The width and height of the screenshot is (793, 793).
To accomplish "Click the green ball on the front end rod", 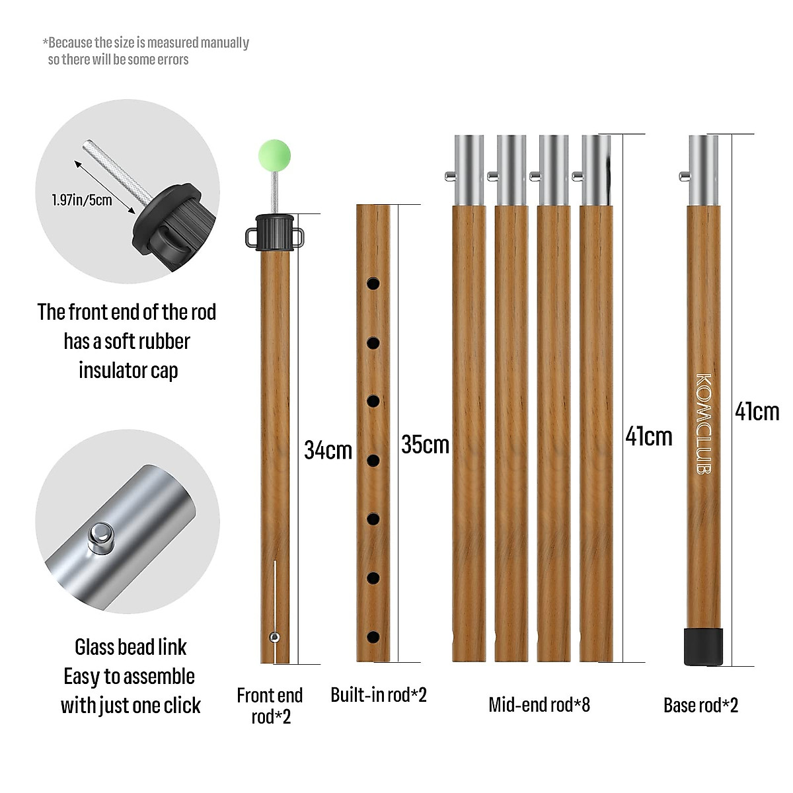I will (274, 153).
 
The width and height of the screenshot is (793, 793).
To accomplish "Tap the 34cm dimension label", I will (328, 450).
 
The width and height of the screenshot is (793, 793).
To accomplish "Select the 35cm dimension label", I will (425, 444).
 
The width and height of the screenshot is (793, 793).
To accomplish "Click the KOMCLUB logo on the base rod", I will (703, 424).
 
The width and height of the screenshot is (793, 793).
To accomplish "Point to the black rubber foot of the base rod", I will (702, 646).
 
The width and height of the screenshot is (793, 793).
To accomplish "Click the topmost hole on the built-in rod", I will (373, 283).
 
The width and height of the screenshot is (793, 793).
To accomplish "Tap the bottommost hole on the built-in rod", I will (373, 638).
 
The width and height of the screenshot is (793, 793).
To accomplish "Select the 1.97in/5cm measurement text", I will (82, 200).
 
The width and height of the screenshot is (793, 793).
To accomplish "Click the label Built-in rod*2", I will (379, 695).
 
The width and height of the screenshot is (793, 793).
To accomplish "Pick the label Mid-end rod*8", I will (539, 705).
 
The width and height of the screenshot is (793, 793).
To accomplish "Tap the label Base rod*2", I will (700, 705).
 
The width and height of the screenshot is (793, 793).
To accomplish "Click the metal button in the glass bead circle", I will (102, 536).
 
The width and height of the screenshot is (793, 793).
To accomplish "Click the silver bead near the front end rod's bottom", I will (274, 637).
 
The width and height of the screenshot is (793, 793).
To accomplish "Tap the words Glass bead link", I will (130, 647).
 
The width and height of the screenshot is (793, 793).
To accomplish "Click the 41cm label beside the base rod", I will (757, 412).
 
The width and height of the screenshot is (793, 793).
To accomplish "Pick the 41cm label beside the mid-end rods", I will (648, 436).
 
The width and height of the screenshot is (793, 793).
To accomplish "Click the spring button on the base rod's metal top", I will (685, 176).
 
